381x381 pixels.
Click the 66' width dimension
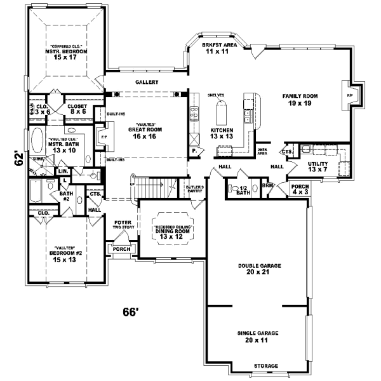pyautogui.click(x=130, y=312)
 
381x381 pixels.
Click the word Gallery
pyautogui.click(x=146, y=83)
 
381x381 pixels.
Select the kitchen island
pyautogui.click(x=221, y=114)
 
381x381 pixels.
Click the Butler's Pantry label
pyautogui.click(x=194, y=189)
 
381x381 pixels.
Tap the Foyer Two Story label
pyautogui.click(x=123, y=225)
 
